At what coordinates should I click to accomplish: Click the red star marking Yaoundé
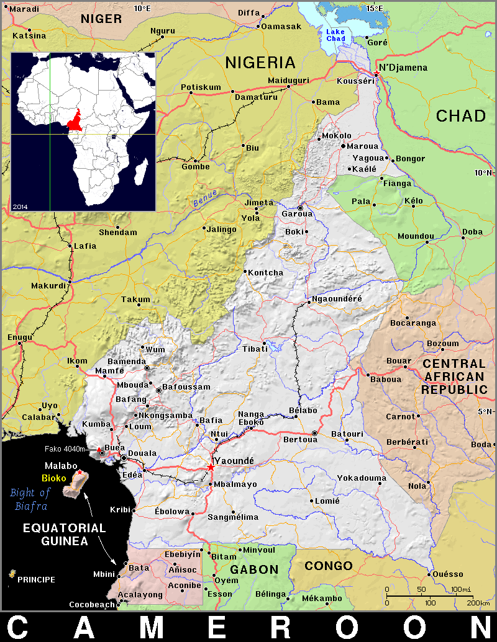coord(211,466)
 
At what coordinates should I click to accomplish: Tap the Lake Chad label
coord(335,35)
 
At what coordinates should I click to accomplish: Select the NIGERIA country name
coord(260,63)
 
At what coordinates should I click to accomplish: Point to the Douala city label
coord(143,454)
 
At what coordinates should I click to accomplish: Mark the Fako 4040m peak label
coord(68,449)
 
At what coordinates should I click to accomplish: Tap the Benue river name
coord(204,198)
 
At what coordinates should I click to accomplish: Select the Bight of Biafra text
coord(30,499)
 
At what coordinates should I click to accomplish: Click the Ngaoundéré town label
coord(337,299)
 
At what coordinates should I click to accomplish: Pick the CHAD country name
coord(460,116)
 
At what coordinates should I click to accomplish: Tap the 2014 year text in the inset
coord(20,205)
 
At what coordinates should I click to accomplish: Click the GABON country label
coord(255,569)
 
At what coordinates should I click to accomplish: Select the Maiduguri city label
coord(288,81)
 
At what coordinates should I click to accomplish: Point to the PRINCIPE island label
coord(36,580)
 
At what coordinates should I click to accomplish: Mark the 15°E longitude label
coord(375,8)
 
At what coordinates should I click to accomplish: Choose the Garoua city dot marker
coord(301,208)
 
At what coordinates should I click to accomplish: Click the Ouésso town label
coord(448,574)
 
